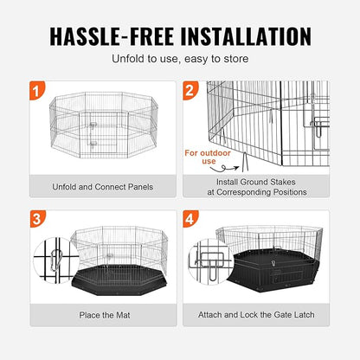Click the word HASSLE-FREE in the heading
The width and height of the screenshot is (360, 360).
coord(109,35)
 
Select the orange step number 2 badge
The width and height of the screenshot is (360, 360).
coord(190,89)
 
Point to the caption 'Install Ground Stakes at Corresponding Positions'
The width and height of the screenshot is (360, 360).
coord(260,188)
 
